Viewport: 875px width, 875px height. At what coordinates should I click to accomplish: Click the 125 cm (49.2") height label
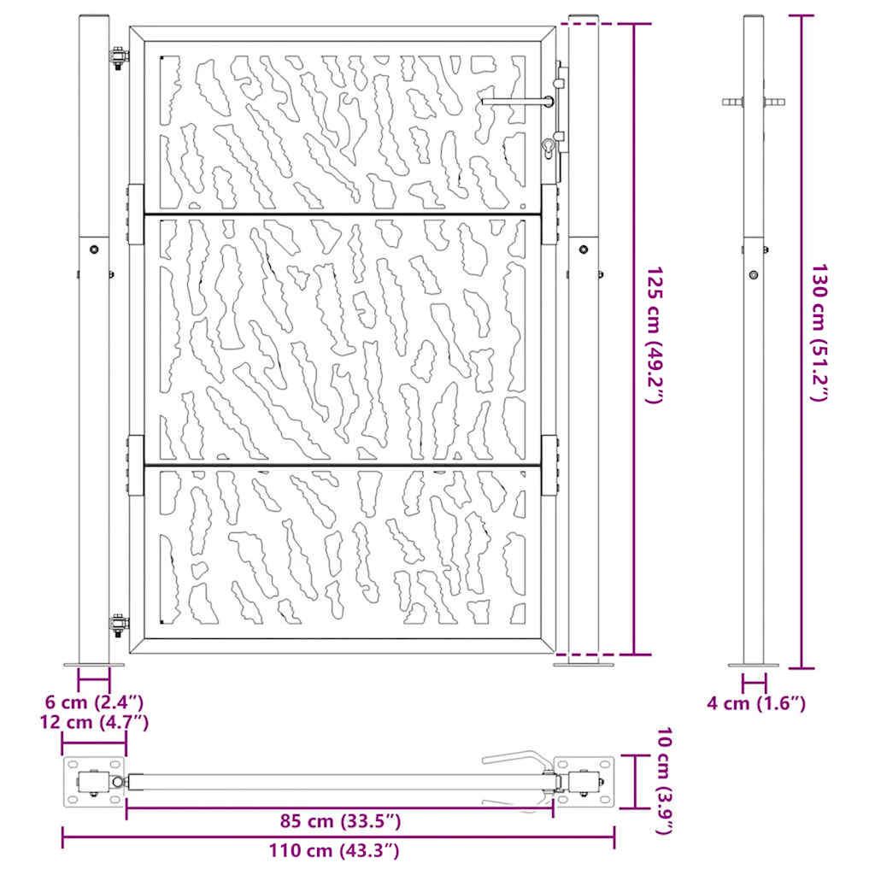[654, 334]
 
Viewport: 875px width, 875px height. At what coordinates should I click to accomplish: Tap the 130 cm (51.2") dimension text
[819, 332]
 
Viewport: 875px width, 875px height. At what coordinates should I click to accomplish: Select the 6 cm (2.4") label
[94, 702]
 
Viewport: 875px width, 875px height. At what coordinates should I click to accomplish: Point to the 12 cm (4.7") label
[94, 722]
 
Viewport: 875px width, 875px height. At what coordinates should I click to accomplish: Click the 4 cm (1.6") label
[756, 703]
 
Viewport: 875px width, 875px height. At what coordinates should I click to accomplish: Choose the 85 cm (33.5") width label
[340, 821]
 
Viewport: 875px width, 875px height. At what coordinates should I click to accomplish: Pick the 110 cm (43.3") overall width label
[334, 850]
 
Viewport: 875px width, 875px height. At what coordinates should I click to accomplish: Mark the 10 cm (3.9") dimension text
[664, 781]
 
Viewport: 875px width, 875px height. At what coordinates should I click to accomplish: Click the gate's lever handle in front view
[517, 102]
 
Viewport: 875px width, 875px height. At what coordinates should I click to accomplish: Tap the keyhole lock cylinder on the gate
[548, 148]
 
